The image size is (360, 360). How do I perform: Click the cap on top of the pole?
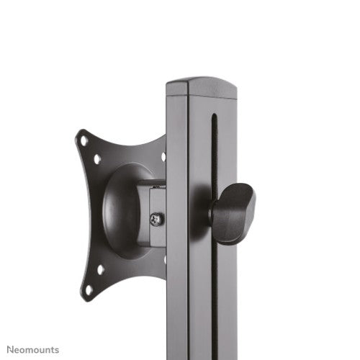pyautogui.click(x=201, y=88)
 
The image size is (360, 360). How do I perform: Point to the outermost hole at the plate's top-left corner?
pyautogui.click(x=85, y=140)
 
